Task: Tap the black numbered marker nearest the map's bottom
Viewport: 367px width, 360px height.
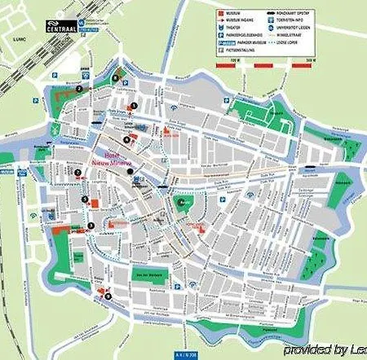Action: click(102, 291)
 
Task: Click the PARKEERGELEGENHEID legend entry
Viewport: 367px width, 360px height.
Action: click(250, 40)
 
